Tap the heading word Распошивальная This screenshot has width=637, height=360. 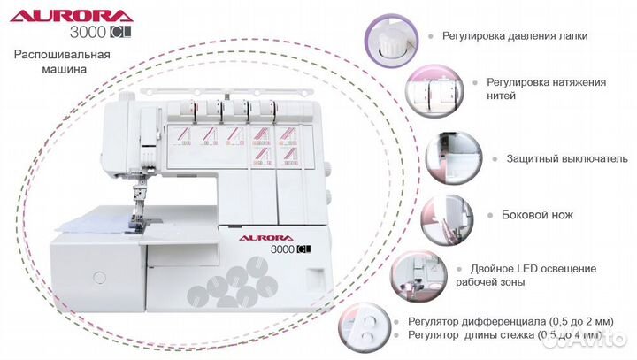62,55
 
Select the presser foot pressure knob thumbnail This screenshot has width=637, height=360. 388,41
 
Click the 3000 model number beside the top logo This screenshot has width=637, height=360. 87,34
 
